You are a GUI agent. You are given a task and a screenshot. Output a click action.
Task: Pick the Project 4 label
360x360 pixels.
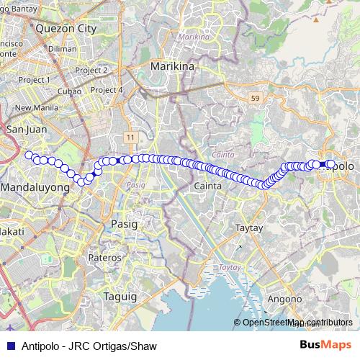(x=107, y=90)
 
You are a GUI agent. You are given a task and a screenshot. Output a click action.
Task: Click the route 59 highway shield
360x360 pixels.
(x=255, y=97)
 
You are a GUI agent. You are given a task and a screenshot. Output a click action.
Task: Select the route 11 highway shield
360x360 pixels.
(x=130, y=136)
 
